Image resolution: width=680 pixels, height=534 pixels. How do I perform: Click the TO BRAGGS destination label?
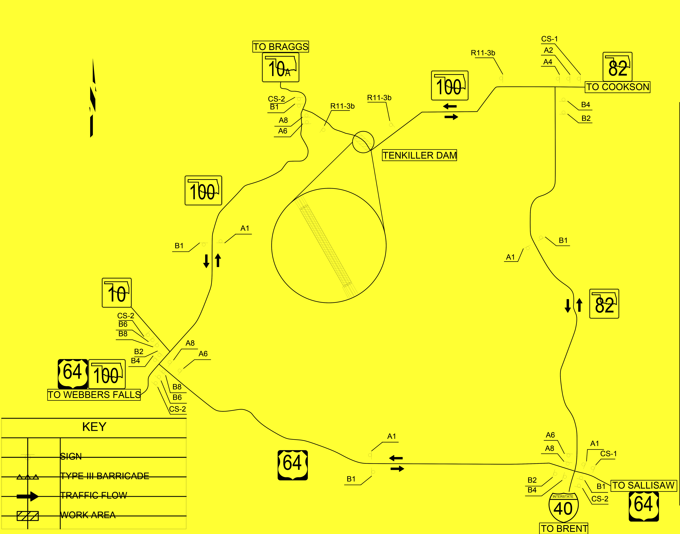click(x=280, y=47)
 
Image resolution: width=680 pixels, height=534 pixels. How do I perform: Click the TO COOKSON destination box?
click(x=617, y=87)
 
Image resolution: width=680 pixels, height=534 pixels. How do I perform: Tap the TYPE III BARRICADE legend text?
click(x=104, y=476)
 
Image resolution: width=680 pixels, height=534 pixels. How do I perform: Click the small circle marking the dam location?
click(x=363, y=142)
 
